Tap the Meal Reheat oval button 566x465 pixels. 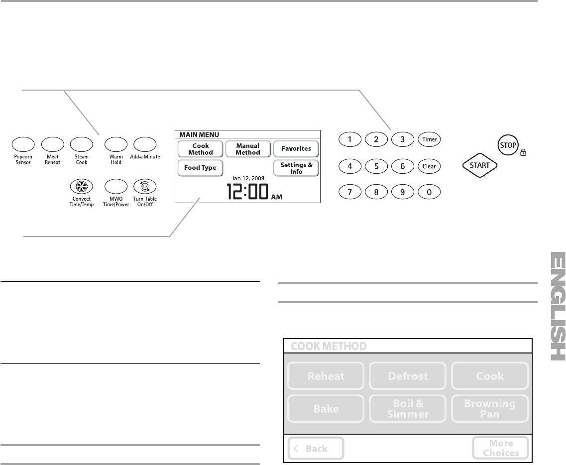tap(52, 143)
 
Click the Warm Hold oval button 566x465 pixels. tap(115, 143)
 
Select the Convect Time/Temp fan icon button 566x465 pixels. tap(81, 186)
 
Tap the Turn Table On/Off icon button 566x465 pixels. tap(145, 186)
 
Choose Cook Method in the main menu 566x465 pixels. tap(200, 149)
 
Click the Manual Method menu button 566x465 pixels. tap(248, 149)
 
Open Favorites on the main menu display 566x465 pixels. tap(296, 148)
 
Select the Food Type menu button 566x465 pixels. tap(200, 168)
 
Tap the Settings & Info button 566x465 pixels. tap(296, 168)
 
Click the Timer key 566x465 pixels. tap(429, 139)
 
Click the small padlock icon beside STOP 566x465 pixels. tap(523, 154)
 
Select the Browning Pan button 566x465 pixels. tap(490, 409)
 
